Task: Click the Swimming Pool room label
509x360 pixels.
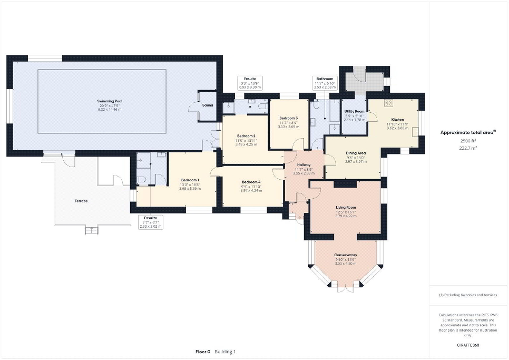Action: [106, 101]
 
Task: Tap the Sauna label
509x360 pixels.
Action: [208, 105]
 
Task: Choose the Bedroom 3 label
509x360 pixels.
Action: [288, 118]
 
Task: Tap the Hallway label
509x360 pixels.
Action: [303, 164]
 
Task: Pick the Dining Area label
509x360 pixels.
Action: [356, 153]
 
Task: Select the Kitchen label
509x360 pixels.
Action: [397, 120]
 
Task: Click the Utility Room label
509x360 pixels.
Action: [355, 112]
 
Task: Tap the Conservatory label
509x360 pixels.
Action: [345, 255]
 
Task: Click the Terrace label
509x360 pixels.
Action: [81, 201]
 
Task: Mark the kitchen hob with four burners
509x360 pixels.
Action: [390, 103]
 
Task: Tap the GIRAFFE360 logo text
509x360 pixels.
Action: [468, 345]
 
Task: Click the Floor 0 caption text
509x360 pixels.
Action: [203, 352]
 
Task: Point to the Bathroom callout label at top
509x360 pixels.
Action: [325, 79]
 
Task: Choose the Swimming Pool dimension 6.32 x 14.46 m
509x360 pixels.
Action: [106, 109]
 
